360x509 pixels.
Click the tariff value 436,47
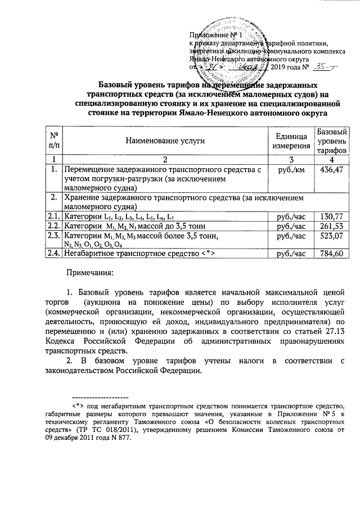pos(331,169)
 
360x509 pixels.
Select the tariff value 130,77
pos(331,215)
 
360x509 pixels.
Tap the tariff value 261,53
pos(331,225)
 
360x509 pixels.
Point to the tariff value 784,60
pos(331,253)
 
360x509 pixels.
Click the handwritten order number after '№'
pos(323,67)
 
